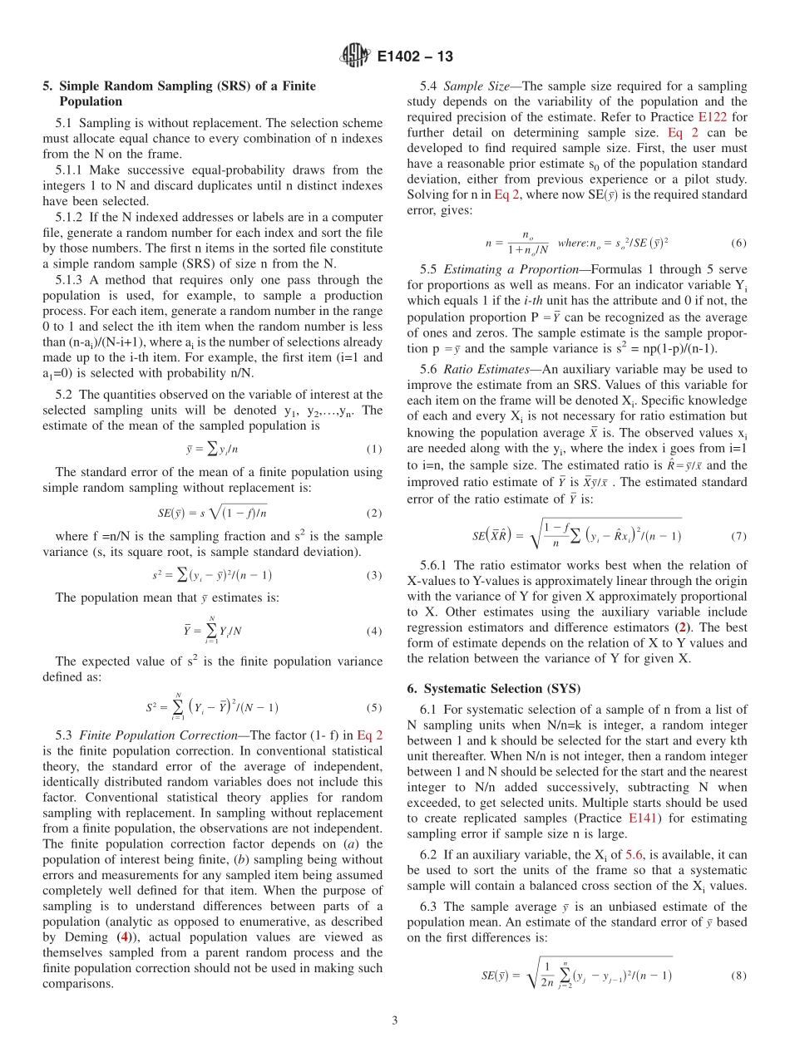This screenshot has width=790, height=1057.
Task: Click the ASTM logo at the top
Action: coord(356,57)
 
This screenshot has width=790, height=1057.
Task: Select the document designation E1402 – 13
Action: coord(414,57)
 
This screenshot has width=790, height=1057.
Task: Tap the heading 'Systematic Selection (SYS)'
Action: coord(502,688)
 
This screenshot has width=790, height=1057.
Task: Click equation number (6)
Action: coord(738,243)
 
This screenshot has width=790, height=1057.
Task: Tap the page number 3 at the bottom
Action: coord(395,1020)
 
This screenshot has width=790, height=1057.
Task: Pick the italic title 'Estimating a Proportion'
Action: coord(508,269)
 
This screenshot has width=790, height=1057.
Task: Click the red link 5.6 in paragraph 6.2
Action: coord(634,853)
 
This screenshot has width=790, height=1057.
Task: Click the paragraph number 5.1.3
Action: coord(72,280)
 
